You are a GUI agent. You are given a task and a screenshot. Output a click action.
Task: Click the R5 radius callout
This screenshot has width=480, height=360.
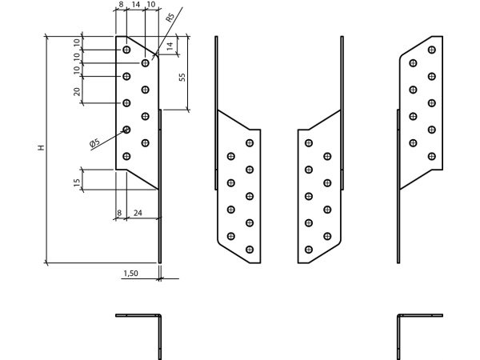click(x=170, y=18)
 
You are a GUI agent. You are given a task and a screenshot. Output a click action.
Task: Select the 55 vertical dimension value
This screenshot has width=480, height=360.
click(x=182, y=77)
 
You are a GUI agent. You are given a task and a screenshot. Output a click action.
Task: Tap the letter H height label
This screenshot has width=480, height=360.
click(x=41, y=147)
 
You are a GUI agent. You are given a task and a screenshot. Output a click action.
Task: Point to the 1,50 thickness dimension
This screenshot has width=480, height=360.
click(x=130, y=273)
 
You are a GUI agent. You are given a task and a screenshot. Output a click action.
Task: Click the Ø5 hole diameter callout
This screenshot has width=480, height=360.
click(x=95, y=142)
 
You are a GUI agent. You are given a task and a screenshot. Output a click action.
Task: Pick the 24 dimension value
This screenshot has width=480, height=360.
click(x=138, y=213)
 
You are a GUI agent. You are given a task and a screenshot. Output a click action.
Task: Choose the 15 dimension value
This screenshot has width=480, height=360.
click(x=77, y=182)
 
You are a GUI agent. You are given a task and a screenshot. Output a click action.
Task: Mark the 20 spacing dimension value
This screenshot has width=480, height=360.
click(x=77, y=91)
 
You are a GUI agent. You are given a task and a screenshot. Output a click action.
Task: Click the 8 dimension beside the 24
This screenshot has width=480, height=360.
click(x=119, y=213)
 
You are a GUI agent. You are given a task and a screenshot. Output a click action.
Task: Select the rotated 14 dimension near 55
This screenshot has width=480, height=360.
click(x=170, y=46)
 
